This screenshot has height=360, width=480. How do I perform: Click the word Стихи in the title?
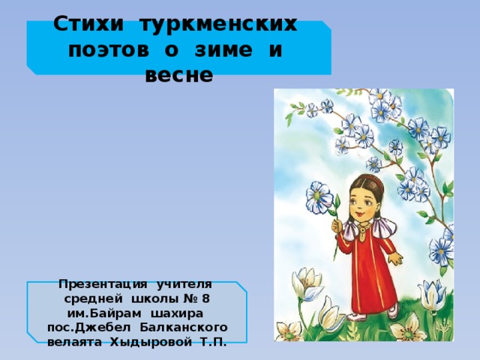[88, 24]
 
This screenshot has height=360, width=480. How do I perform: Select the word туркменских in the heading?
[218, 24]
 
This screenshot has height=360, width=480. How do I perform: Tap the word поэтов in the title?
[109, 50]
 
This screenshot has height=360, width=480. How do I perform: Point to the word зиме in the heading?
[223, 50]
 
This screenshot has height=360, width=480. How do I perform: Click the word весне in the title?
[179, 75]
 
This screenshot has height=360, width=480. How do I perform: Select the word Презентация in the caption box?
[103, 284]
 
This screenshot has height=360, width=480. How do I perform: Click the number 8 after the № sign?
[206, 298]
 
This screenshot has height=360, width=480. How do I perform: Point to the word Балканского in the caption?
[184, 328]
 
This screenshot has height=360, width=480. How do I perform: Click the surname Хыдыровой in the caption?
[151, 342]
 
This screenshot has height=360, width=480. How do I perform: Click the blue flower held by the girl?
[319, 197]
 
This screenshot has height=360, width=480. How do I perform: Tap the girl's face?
[364, 202]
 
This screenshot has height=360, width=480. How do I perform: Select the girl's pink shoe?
[393, 311]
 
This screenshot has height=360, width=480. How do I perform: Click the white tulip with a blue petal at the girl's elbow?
[307, 283]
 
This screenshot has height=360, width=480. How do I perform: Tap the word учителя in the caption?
[184, 285]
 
